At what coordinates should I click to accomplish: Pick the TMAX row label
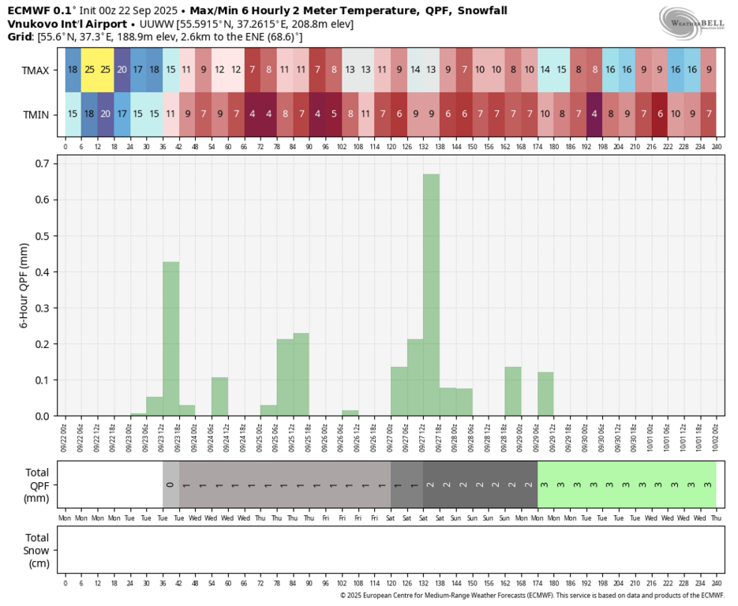click(36, 70)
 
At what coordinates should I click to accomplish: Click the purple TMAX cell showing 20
click(122, 69)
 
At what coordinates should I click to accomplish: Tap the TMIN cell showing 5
click(334, 114)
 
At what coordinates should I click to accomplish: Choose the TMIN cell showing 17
click(122, 114)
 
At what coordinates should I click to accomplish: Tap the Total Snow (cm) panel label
click(36, 550)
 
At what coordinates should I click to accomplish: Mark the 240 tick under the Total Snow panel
click(716, 582)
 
